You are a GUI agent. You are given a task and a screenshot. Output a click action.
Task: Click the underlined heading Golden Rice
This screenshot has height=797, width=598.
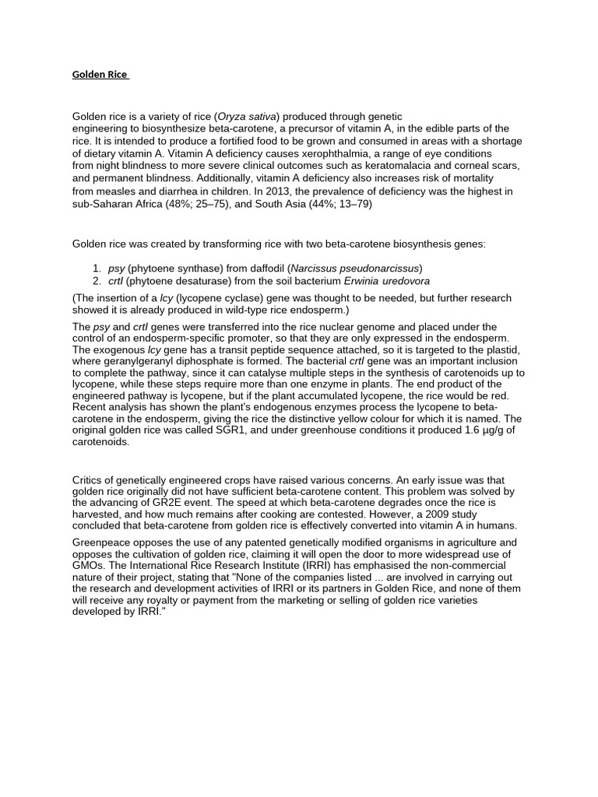point(100,75)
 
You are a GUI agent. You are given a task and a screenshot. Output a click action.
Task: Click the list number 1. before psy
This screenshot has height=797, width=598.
point(97,268)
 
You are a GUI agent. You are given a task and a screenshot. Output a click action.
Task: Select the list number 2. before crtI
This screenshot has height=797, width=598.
point(97,280)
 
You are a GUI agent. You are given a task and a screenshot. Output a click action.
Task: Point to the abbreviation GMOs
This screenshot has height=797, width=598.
point(88,565)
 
